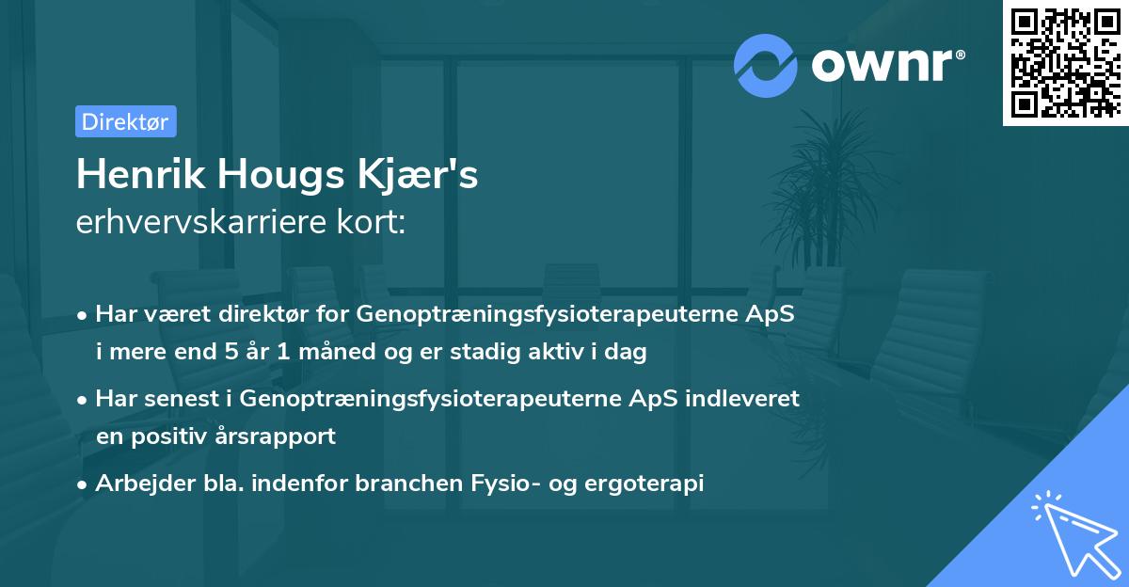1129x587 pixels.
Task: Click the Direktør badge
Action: click(125, 121)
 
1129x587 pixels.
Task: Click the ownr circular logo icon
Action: click(766, 65)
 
